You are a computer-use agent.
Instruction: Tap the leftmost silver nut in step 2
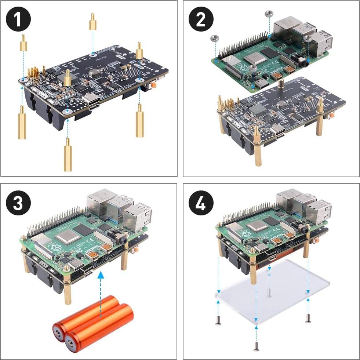coord(214,38)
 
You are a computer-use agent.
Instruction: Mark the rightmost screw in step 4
coord(308,319)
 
